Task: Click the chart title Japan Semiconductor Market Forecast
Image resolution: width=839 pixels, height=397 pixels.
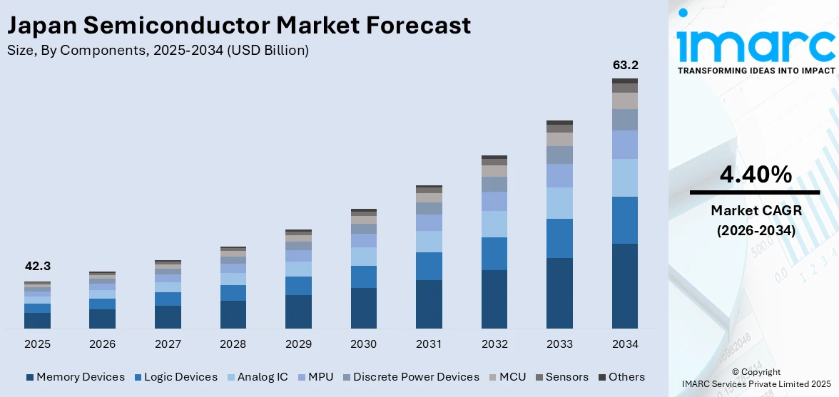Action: [x=239, y=25]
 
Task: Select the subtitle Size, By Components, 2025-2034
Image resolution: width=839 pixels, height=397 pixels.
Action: [x=158, y=50]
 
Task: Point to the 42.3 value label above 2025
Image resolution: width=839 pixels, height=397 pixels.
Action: [x=37, y=266]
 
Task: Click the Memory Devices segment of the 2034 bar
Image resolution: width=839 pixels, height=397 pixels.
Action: [x=624, y=285]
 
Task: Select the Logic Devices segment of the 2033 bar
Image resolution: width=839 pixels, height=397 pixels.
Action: [x=559, y=238]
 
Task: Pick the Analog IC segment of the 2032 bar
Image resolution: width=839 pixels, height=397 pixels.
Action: [x=494, y=224]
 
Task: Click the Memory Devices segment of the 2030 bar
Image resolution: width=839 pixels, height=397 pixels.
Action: [x=363, y=308]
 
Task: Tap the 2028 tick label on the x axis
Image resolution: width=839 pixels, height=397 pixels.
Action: [x=233, y=344]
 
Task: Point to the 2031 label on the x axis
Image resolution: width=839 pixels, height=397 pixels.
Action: [x=429, y=344]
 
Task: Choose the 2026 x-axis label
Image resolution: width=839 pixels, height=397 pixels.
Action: [x=102, y=344]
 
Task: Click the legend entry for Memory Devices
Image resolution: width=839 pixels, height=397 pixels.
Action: [x=75, y=377]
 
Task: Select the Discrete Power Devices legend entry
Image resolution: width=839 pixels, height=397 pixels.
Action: [x=410, y=377]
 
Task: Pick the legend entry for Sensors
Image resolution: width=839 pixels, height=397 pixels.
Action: [x=561, y=377]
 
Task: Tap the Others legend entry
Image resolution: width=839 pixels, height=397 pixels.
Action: [x=621, y=377]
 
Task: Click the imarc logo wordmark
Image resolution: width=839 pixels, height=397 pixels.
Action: [x=756, y=44]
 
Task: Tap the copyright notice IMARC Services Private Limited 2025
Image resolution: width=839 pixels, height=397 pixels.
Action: [x=756, y=384]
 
